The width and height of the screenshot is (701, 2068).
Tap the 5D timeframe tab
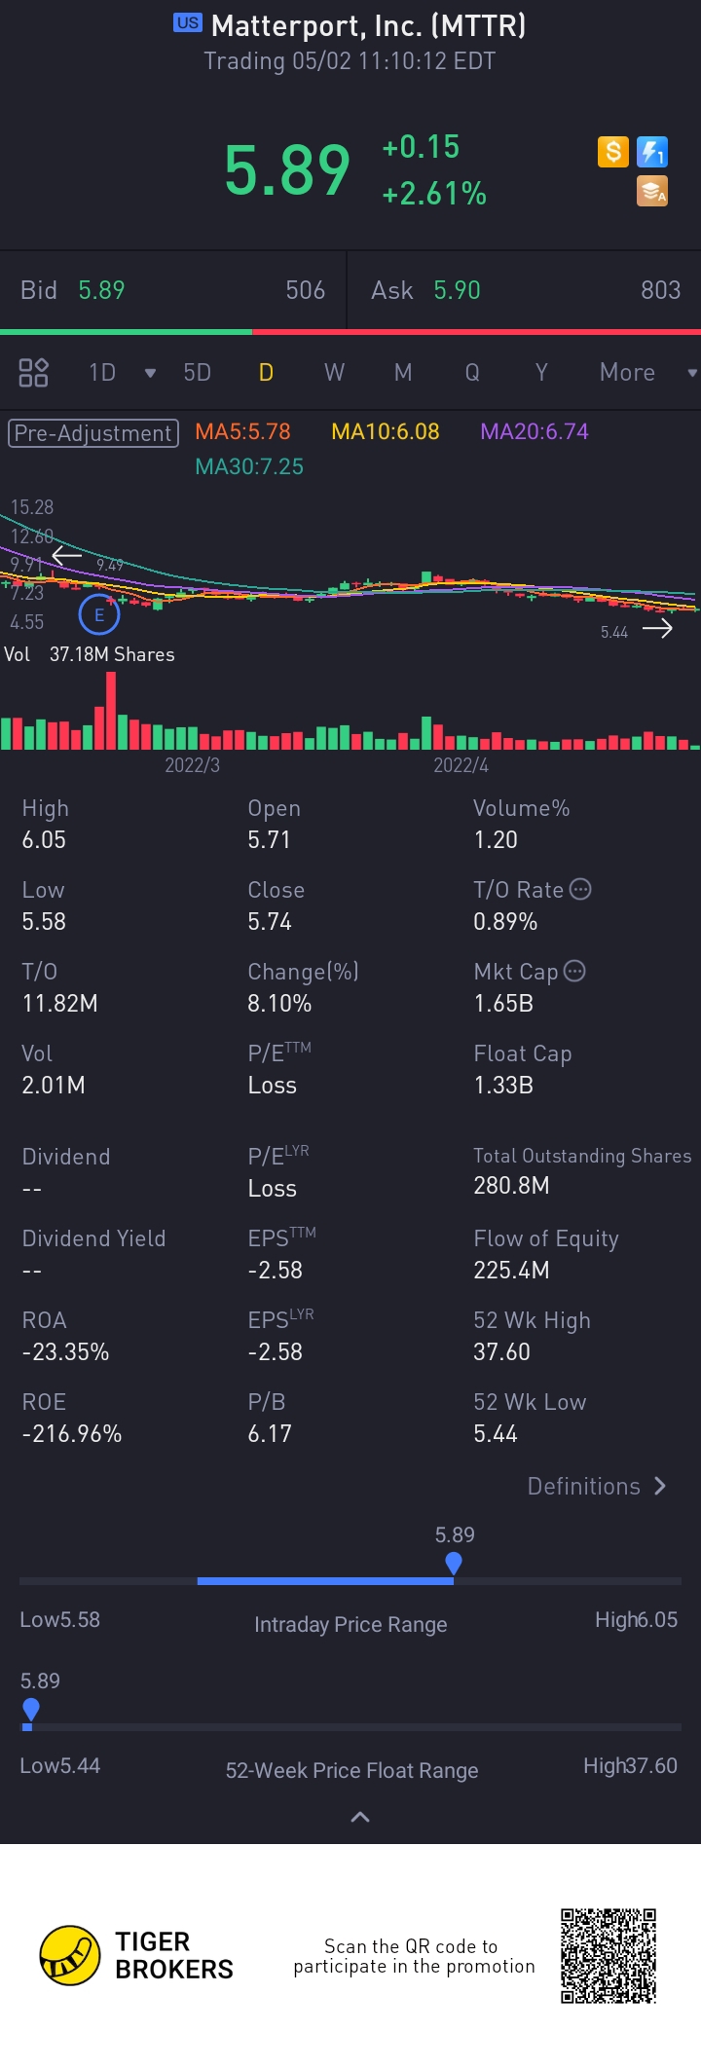197,373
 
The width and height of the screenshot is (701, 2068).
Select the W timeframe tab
334,373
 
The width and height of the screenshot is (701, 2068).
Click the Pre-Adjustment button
93,433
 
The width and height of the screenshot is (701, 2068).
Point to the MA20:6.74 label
534,431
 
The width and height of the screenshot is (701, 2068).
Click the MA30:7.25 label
249,466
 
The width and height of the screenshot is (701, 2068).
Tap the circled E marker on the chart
98,614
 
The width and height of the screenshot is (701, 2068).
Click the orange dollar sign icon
613,152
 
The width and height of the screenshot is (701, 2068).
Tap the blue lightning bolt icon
652,152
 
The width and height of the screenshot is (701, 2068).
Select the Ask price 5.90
457,290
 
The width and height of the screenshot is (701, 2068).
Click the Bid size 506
305,290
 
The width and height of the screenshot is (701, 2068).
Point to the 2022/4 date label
461,765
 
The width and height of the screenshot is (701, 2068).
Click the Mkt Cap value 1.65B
503,1003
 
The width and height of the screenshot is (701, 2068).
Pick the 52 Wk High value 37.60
501,1351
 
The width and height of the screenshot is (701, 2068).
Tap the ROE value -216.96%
72,1433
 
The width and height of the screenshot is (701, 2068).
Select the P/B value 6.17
270,1433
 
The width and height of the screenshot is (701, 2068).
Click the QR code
609,1955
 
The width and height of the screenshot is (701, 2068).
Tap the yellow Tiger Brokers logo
70,1955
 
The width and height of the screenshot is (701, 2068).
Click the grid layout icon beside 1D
33,373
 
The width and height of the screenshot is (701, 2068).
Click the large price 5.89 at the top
286,170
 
